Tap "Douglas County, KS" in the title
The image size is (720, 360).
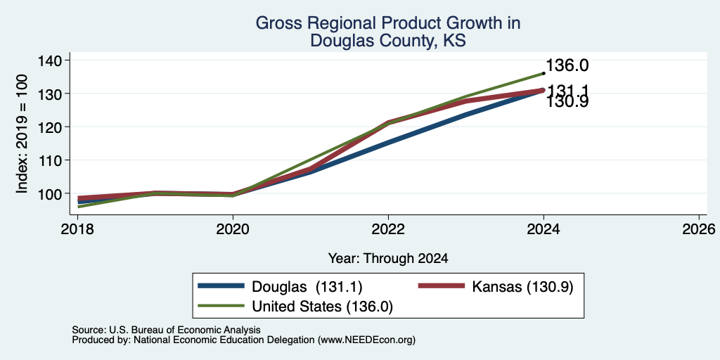pyautogui.click(x=388, y=41)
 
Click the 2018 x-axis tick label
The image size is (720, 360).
pyautogui.click(x=77, y=229)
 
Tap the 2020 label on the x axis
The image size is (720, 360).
pyautogui.click(x=233, y=229)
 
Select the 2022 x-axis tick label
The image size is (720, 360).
pyautogui.click(x=388, y=229)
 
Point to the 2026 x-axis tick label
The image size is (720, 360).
pyautogui.click(x=699, y=229)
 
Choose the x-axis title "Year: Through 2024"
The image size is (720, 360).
pyautogui.click(x=388, y=259)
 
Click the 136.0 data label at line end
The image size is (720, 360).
pyautogui.click(x=567, y=65)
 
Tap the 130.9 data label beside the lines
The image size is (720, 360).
pyautogui.click(x=567, y=102)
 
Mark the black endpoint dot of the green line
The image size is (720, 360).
pyautogui.click(x=544, y=73)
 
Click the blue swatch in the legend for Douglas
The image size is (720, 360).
pyautogui.click(x=221, y=287)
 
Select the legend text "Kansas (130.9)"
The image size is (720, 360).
pyautogui.click(x=522, y=287)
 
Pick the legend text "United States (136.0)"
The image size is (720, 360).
pyautogui.click(x=322, y=307)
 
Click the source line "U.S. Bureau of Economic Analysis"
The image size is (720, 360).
pyautogui.click(x=185, y=330)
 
